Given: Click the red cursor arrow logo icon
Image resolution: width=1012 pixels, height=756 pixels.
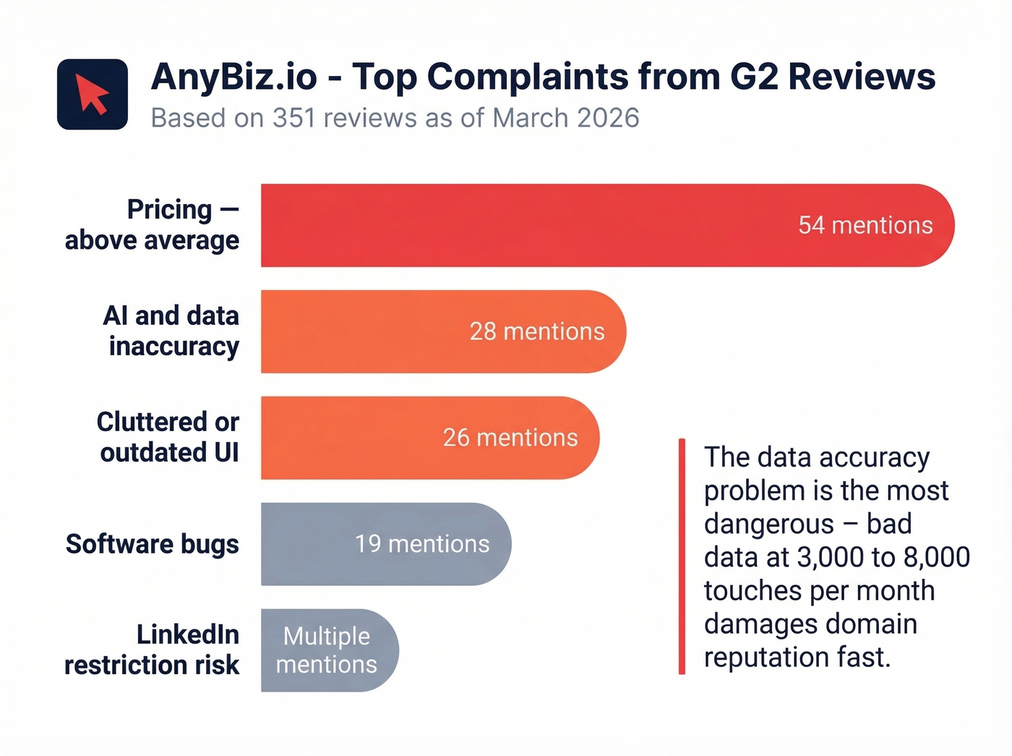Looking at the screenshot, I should [x=93, y=95].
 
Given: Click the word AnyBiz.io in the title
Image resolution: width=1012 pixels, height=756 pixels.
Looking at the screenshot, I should [x=234, y=77].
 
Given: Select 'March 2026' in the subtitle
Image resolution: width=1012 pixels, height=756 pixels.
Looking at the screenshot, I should [x=566, y=118].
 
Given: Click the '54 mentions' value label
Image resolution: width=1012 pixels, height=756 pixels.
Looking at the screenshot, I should [x=865, y=225].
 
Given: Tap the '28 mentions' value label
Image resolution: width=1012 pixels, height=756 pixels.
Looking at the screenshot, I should [x=537, y=331].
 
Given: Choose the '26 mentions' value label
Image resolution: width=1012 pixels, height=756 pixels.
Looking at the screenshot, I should [x=510, y=438].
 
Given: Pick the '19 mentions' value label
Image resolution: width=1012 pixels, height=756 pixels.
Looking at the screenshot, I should [x=422, y=544].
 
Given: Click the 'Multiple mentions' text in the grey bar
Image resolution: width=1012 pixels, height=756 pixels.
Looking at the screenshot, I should [x=327, y=650].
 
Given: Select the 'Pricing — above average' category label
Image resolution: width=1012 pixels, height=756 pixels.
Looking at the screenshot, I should [x=152, y=224].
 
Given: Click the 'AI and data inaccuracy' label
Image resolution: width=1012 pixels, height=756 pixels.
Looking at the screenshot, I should [x=171, y=331].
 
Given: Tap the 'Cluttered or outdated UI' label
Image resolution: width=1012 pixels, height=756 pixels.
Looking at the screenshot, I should [x=168, y=437].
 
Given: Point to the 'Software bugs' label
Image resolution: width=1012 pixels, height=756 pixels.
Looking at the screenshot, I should [x=153, y=544].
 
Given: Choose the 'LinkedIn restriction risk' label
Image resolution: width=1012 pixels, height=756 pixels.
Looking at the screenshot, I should [x=152, y=650].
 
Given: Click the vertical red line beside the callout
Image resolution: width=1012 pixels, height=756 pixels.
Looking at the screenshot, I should [x=682, y=556].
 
